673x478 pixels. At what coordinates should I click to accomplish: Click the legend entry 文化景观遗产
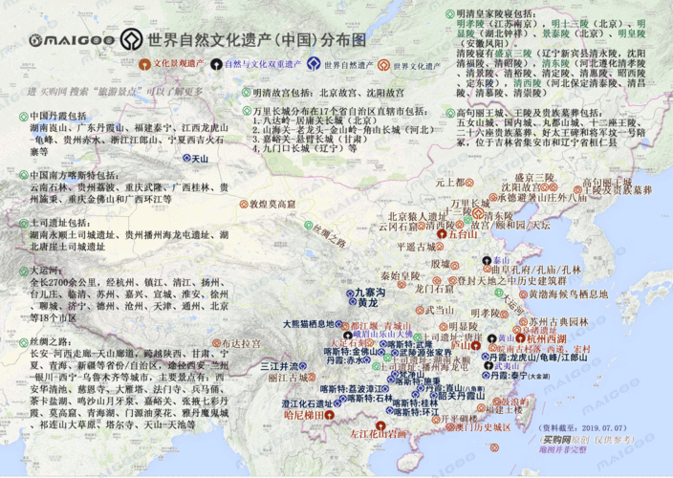[x=182, y=66]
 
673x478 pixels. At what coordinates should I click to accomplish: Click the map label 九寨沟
[x=368, y=292]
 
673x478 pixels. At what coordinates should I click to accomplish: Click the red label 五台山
[x=463, y=233]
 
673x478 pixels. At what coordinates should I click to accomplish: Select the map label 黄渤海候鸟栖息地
[x=565, y=294]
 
